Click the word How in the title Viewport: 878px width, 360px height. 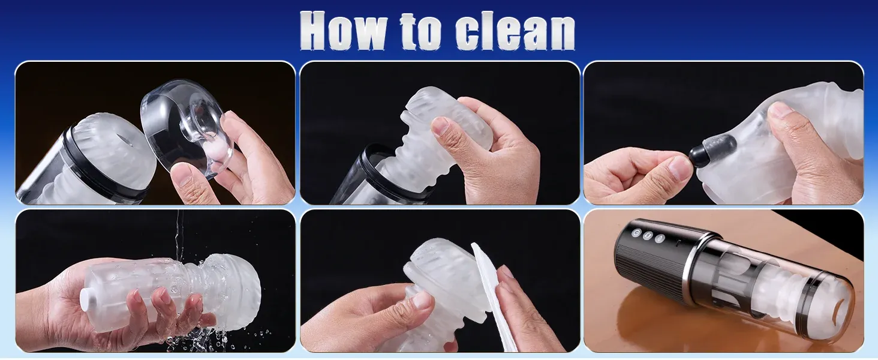coord(342,31)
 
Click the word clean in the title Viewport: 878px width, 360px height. coord(515,32)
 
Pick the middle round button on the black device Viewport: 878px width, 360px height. coord(648,236)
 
